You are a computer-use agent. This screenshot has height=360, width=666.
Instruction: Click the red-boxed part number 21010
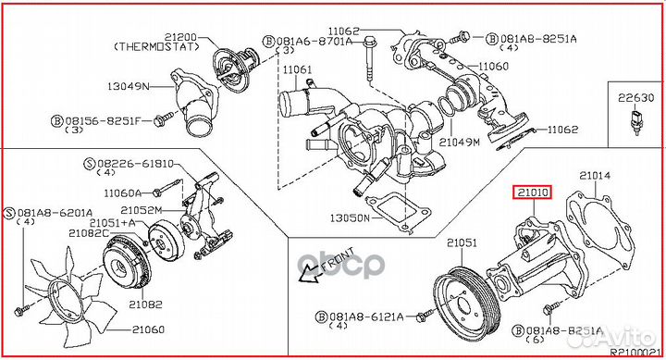pyautogui.click(x=533, y=193)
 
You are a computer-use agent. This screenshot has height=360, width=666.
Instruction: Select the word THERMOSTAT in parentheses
pyautogui.click(x=156, y=47)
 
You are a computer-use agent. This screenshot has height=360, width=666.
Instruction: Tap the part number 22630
pyautogui.click(x=635, y=98)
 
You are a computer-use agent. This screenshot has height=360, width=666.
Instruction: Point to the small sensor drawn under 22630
pyautogui.click(x=635, y=123)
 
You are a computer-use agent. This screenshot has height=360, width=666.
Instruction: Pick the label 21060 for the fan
pyautogui.click(x=148, y=329)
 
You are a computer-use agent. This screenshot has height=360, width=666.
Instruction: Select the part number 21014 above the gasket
pyautogui.click(x=595, y=175)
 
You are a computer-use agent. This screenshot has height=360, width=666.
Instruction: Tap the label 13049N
pyautogui.click(x=129, y=86)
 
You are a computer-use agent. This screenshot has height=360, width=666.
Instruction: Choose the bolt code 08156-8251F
pyautogui.click(x=103, y=121)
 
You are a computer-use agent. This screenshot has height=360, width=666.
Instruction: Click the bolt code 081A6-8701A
pyautogui.click(x=314, y=42)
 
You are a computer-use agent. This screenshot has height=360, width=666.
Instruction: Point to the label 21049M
pyautogui.click(x=459, y=143)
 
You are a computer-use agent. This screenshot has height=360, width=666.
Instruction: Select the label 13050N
pyautogui.click(x=350, y=218)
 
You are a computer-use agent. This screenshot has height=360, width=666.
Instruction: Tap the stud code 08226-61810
pyautogui.click(x=135, y=164)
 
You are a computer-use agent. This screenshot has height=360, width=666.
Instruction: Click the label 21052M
pyautogui.click(x=142, y=210)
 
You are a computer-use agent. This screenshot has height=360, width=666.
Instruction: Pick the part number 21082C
pyautogui.click(x=89, y=232)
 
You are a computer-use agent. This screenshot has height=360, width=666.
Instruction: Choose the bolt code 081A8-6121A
pyautogui.click(x=366, y=317)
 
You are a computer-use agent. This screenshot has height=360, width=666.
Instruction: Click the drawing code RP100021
pyautogui.click(x=635, y=353)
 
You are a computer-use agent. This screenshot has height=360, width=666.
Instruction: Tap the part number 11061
pyautogui.click(x=297, y=69)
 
